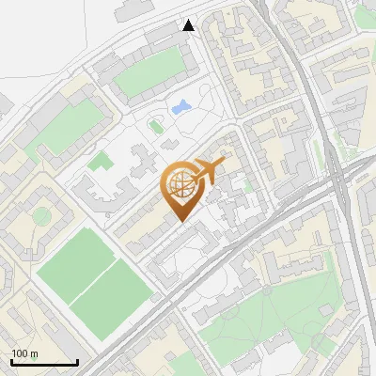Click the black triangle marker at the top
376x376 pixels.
(189, 25)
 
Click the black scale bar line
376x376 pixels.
(44, 362)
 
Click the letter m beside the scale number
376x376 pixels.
(33, 353)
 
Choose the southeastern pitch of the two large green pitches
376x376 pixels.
(112, 289)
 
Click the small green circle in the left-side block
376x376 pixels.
(40, 215)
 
